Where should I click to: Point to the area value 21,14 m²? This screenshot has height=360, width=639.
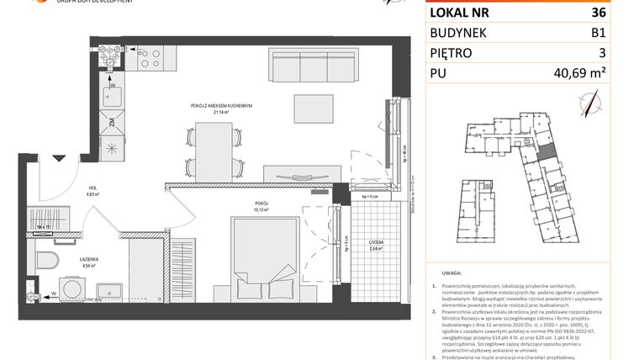[221, 111]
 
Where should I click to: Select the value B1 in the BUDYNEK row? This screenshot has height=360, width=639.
[621, 33]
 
